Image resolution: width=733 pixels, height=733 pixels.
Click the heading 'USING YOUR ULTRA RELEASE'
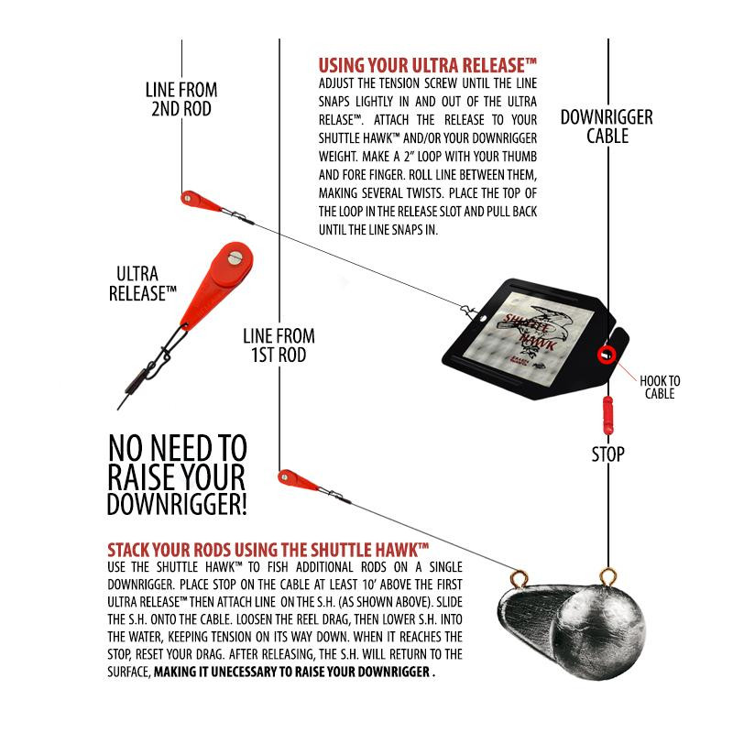coord(427,65)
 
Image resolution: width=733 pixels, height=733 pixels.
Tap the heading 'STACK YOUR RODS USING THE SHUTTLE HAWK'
coord(268,549)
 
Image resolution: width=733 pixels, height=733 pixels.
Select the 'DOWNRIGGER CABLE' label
coord(607,126)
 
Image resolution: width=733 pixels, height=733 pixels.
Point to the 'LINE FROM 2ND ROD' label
coord(181,99)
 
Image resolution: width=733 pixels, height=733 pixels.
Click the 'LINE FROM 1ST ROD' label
coord(279,345)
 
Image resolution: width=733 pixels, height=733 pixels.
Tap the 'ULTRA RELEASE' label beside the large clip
coord(143,284)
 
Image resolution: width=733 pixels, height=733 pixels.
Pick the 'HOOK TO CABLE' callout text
coord(660,387)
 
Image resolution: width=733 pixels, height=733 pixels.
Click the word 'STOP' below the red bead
coord(607,454)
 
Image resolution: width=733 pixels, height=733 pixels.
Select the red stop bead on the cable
coord(607,415)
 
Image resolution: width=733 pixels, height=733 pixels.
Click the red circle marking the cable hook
coord(607,356)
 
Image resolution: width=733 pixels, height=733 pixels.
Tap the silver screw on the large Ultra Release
coord(235,257)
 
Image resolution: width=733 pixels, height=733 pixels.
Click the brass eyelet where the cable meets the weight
coord(607,577)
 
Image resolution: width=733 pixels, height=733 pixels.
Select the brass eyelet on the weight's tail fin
coord(519,579)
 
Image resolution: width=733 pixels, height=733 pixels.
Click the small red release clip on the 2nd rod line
coord(200,201)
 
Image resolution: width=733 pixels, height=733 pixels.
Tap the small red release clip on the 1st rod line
coord(297,479)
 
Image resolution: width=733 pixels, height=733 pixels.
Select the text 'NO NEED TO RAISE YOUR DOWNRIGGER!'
coord(177,475)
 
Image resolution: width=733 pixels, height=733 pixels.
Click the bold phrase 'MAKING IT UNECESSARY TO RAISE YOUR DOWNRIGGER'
coord(292,672)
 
